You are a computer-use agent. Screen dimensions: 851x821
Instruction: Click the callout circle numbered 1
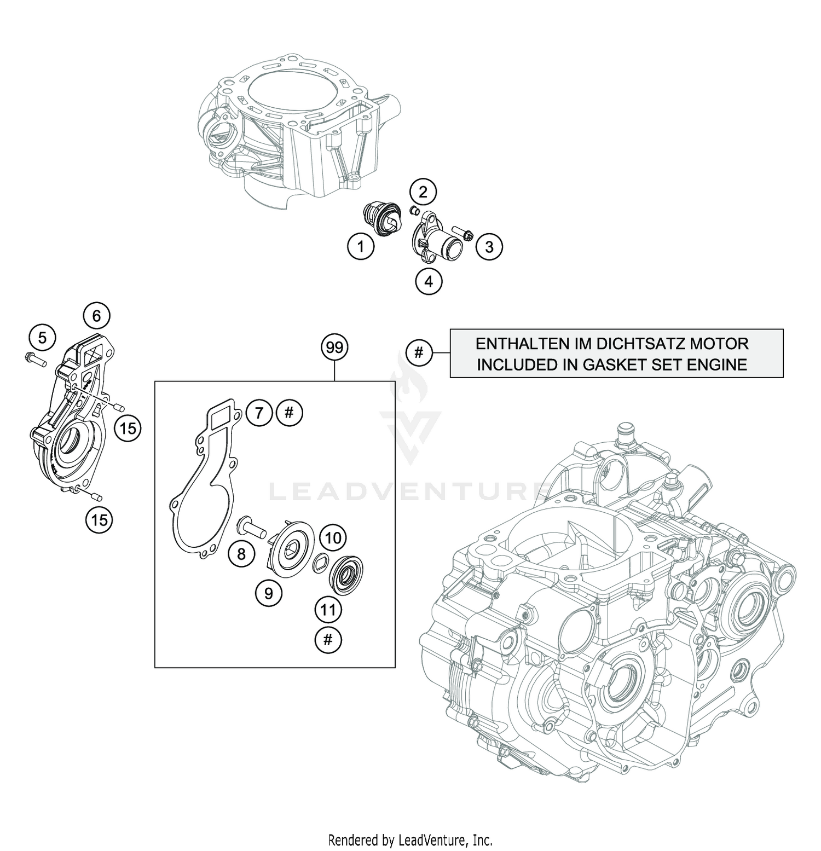(x=360, y=247)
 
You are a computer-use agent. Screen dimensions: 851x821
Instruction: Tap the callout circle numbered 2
(x=423, y=192)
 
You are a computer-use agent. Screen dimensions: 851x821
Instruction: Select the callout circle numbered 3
(x=489, y=247)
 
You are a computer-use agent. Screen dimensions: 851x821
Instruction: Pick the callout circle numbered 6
(x=96, y=316)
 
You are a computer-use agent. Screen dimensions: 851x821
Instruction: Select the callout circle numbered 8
(x=241, y=554)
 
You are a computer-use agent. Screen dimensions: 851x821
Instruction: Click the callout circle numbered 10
(x=333, y=538)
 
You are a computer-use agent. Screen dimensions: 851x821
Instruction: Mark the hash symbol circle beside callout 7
(x=290, y=412)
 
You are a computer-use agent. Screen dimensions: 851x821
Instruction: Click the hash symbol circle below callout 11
(x=328, y=639)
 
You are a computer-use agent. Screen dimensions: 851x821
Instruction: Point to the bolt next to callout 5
(x=33, y=359)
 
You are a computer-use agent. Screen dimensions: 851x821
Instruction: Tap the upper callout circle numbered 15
(x=128, y=427)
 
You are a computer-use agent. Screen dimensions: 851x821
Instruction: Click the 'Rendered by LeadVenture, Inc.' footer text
(x=410, y=839)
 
